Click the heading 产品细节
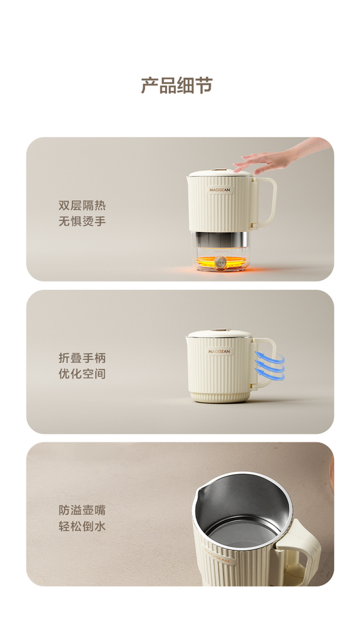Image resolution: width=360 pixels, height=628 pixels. coord(177,85)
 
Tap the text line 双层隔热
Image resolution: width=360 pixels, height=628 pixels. coord(82,206)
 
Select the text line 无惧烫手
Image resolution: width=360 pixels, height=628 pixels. coord(82,221)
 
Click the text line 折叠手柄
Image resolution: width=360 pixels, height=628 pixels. coord(82,358)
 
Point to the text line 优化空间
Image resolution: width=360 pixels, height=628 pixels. coord(82,374)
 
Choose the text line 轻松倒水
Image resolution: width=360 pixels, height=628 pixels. coord(82,526)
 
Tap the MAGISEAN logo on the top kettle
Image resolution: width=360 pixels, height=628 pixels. coord(220,190)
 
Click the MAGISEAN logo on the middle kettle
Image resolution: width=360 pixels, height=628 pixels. coord(219,351)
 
